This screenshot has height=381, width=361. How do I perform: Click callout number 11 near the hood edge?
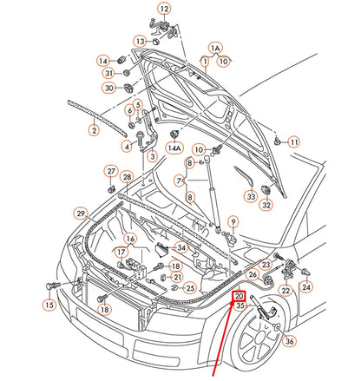coord(293,141)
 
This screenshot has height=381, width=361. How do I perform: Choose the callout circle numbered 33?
coord(250,198)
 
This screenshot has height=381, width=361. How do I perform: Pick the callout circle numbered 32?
coord(267,206)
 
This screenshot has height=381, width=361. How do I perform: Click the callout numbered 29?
coord(80,213)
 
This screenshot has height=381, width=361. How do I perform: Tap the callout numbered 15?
coord(49,305)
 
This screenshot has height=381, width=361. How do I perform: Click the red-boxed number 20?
coord(240,296)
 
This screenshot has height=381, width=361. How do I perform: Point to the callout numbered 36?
coord(289,342)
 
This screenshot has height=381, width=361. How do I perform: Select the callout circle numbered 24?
coord(305,286)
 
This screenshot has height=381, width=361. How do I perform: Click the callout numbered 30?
coord(108,88)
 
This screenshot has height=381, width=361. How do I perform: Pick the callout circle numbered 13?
coord(139,41)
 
